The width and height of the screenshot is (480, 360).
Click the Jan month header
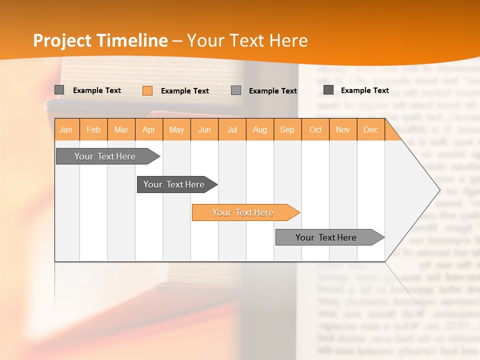tap(66, 129)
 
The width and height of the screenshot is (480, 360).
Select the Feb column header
tap(93, 129)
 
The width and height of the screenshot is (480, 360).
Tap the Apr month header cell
tap(148, 129)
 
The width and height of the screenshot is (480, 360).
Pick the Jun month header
tap(204, 129)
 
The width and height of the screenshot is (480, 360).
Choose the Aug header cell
tap(259, 129)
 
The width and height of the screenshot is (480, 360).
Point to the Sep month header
tap(287, 129)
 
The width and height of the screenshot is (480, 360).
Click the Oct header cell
tap(315, 129)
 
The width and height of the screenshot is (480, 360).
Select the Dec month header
tap(370, 129)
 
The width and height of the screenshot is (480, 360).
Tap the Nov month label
tap(343, 129)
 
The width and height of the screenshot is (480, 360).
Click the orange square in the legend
tap(147, 90)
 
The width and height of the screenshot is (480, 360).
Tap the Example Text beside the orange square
tap(184, 91)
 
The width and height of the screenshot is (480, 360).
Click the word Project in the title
tap(62, 40)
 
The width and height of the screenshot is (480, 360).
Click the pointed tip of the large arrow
tap(438, 189)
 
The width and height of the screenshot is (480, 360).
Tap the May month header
tap(176, 129)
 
